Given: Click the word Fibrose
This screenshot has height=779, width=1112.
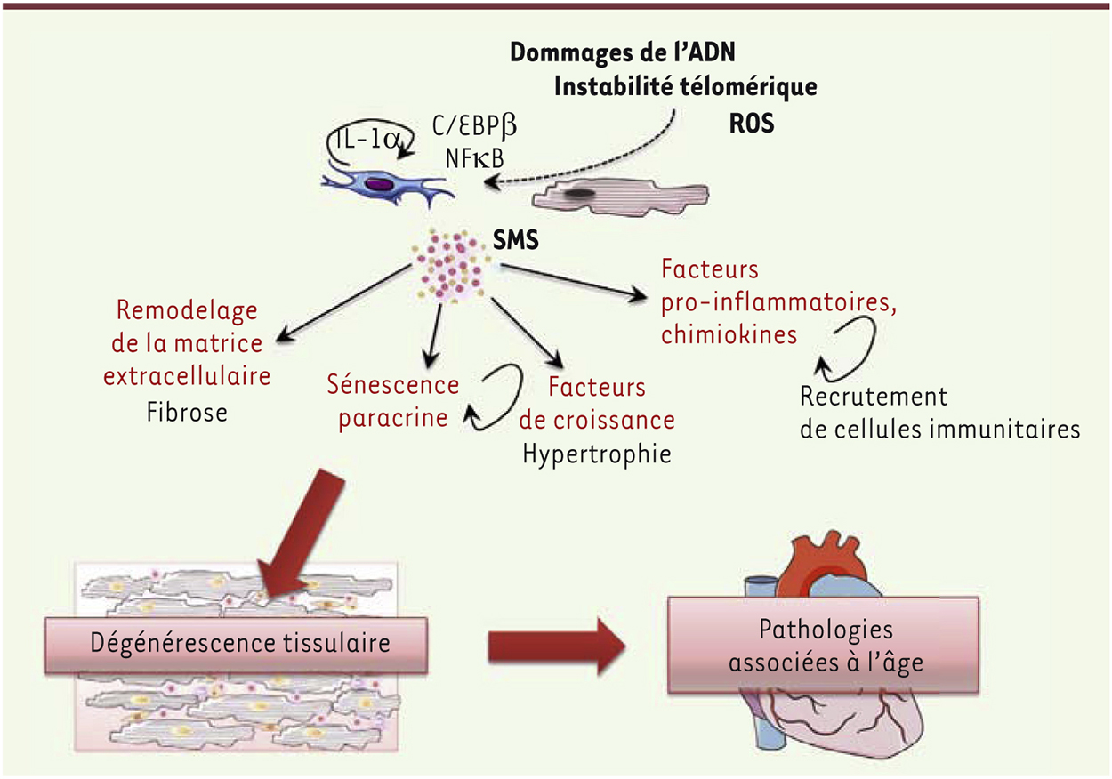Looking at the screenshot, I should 187,413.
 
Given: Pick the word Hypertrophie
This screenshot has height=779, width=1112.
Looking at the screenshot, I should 596,454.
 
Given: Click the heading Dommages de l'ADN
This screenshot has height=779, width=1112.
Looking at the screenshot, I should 621,52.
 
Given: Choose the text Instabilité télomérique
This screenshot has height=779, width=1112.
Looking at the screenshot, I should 685,87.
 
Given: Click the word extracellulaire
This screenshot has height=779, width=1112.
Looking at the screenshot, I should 187,377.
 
